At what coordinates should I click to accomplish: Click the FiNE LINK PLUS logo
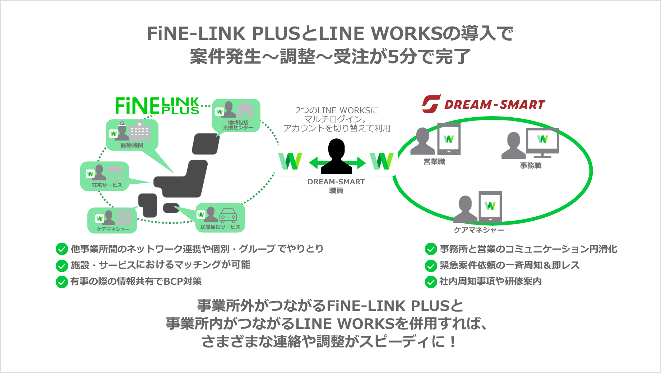point(157,106)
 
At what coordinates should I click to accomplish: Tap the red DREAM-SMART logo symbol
point(431,104)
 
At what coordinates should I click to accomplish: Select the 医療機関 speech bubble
point(132,134)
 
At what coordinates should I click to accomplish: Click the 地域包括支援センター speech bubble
point(236,115)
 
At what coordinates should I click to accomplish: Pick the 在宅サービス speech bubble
point(105,176)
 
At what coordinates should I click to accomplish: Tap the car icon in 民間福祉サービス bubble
point(228,215)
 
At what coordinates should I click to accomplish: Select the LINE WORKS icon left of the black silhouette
point(290,161)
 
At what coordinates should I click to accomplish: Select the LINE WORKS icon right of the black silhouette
point(382,161)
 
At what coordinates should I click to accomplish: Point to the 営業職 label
point(434,162)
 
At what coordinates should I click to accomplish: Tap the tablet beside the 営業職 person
point(449,139)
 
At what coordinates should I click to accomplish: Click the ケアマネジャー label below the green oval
point(479,230)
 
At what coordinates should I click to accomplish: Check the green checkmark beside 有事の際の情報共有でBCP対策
point(62,282)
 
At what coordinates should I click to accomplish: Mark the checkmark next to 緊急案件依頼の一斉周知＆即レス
point(431,266)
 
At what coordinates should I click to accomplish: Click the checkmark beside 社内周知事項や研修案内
point(431,282)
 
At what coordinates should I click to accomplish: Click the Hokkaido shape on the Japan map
point(205,143)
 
